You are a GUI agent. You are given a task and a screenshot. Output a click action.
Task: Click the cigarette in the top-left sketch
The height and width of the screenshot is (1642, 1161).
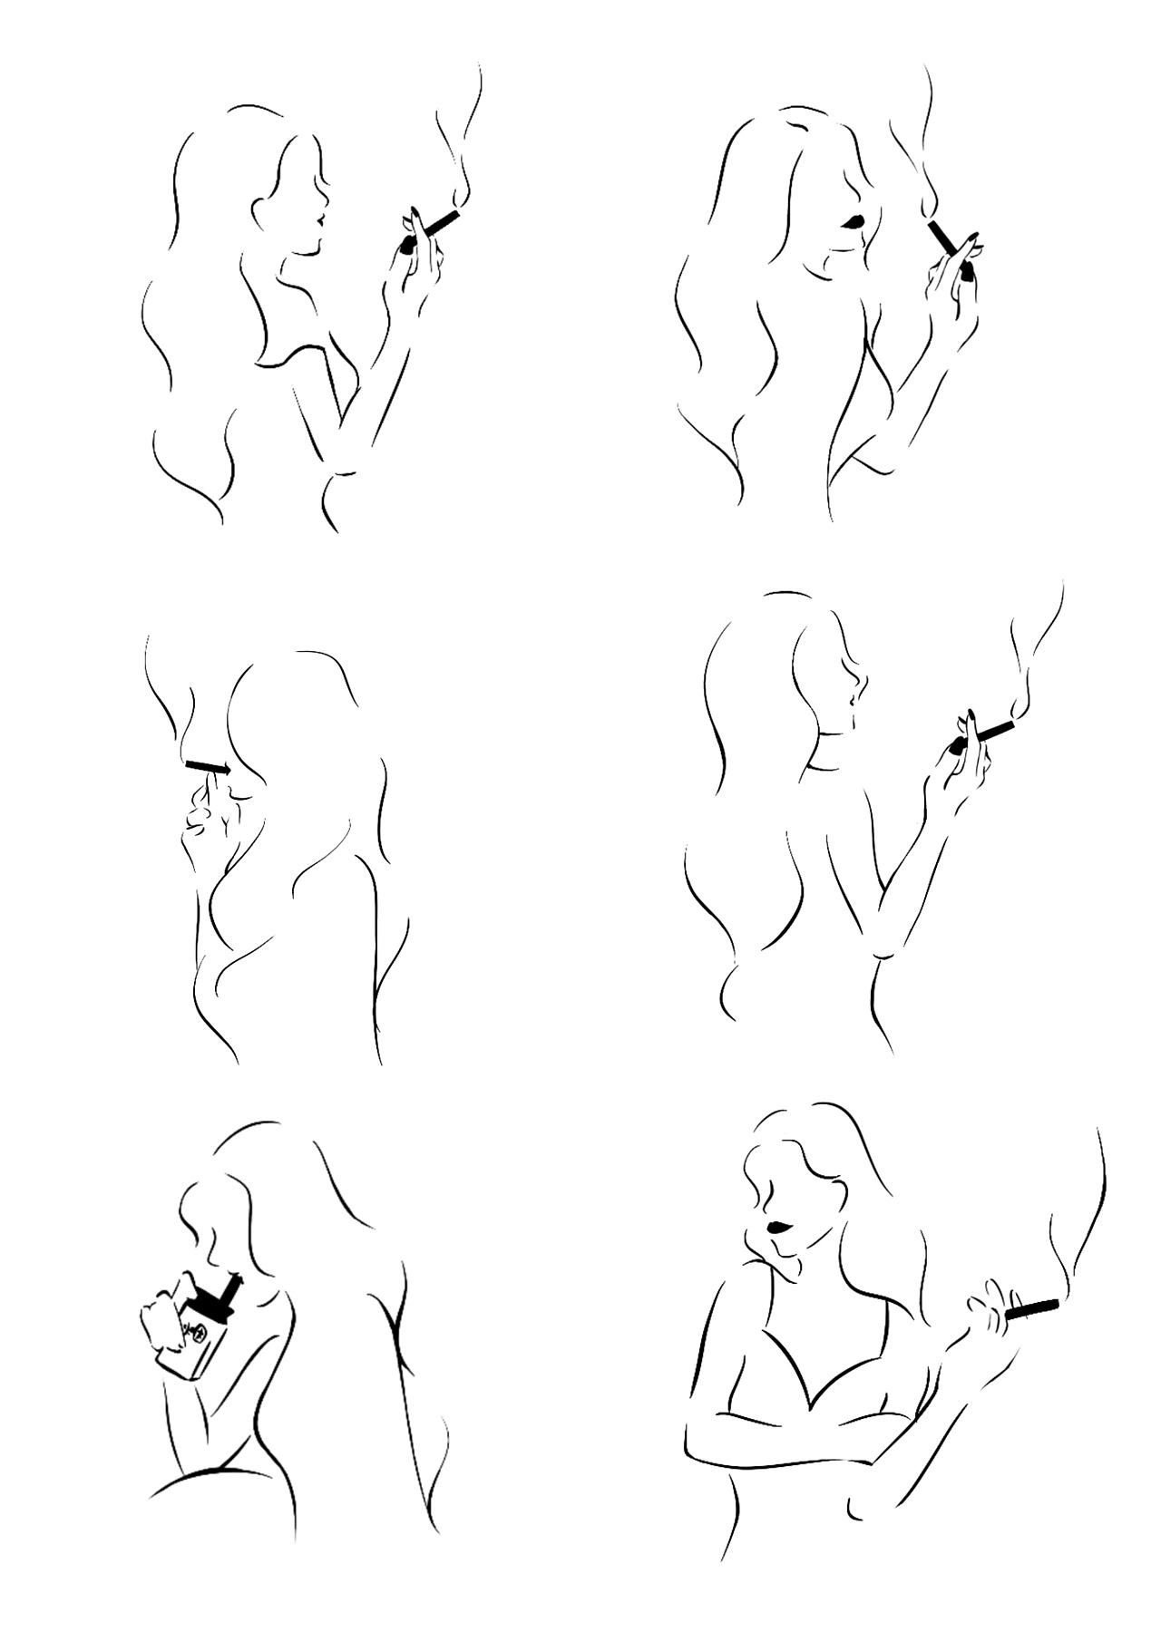441,222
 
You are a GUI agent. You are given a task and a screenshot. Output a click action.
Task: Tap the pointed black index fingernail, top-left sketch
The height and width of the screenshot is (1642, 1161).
414,214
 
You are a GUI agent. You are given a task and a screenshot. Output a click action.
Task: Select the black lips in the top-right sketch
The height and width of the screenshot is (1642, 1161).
853,221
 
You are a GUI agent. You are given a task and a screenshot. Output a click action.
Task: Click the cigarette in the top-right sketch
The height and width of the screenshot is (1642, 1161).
943,238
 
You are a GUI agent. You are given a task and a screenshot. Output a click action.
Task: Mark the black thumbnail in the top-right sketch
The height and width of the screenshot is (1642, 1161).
967,270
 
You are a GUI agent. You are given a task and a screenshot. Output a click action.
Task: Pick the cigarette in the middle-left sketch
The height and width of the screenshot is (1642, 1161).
207,768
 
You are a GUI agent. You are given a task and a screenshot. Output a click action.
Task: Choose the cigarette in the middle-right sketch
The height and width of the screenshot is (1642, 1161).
996,729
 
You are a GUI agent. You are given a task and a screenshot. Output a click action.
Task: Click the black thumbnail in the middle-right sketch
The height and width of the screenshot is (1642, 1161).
956,747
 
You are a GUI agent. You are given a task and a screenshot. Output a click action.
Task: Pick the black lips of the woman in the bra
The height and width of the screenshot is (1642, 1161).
779,1228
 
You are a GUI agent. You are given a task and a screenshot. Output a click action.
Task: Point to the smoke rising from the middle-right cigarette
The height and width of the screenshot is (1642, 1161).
1034,662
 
